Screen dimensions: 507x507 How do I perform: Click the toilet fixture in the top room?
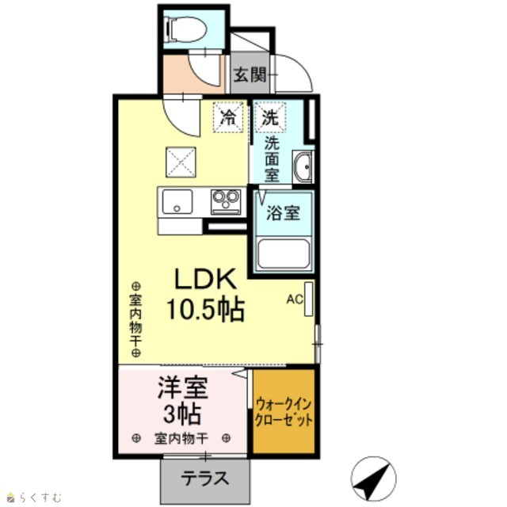coord(185,29)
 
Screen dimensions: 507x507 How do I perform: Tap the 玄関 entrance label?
coord(250,74)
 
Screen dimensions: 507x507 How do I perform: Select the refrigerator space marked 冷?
coord(228,116)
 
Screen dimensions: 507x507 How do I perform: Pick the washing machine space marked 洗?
coord(270,116)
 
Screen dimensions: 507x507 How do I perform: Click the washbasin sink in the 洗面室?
coord(303,167)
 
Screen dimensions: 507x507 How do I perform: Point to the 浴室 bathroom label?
coord(284,213)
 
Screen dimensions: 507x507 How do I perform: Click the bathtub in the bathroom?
coord(284,254)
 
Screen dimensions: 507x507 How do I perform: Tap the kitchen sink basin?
coord(177,201)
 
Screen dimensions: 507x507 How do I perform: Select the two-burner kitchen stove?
coord(226,202)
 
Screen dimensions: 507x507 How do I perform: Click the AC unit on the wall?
coord(308,299)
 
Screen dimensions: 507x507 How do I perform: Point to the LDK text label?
coord(205,279)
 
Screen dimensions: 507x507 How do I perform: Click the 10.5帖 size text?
coord(205,310)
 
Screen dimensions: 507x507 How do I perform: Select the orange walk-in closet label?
coord(284,413)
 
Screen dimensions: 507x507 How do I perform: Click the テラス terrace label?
coord(205,478)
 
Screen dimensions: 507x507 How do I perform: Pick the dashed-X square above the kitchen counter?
coord(181,162)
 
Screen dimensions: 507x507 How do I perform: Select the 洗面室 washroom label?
coord(272,159)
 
